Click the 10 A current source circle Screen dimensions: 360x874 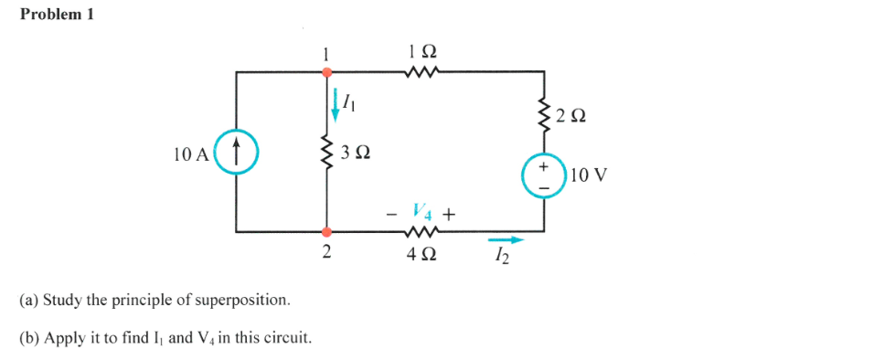click(237, 152)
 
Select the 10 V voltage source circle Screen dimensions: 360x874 click(545, 176)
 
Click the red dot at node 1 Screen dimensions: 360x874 click(326, 70)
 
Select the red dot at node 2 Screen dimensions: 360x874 click(326, 232)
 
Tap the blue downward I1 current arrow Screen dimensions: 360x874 click(336, 104)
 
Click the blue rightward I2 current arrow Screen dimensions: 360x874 click(510, 240)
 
